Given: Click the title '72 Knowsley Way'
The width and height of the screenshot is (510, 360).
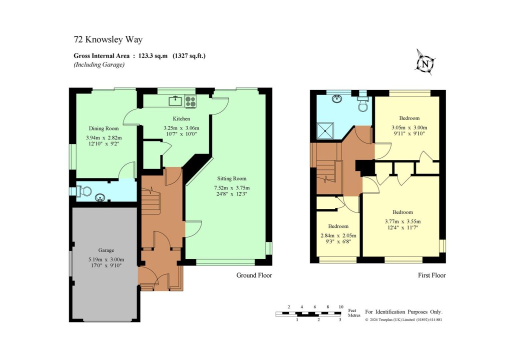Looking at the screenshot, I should tap(103, 39).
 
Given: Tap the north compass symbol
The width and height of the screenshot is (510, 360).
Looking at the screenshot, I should tap(425, 64).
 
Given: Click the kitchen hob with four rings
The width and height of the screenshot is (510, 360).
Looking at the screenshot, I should tap(190, 101).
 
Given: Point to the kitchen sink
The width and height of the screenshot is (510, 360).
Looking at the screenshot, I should tap(176, 101).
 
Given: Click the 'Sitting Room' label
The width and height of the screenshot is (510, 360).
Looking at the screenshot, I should tap(231, 178).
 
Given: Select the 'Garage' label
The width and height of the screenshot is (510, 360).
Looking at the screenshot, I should tap(106, 250).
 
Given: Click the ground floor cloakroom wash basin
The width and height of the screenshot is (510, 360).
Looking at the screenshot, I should tap(101, 197).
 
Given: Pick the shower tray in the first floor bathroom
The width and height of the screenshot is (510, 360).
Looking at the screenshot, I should tap(328, 131).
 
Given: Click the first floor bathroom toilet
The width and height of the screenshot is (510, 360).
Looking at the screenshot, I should tap(362, 103).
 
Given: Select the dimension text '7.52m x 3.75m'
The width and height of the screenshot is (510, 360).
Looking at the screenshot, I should tap(231, 188).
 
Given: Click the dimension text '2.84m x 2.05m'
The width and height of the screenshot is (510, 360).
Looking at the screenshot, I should tap(337, 235).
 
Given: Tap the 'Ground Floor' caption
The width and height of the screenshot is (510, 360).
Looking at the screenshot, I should tap(253, 275).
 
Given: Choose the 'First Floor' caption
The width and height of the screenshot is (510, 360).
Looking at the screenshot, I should tap(431, 275).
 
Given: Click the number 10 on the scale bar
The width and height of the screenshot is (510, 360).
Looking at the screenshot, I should tap(341, 306).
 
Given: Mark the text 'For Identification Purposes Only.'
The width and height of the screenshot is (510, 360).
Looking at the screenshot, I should tap(404, 311).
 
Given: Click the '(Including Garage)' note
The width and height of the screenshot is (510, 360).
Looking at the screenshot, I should tap(99, 65).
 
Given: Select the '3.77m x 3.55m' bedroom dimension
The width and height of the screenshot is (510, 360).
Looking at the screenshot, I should tap(402, 221).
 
